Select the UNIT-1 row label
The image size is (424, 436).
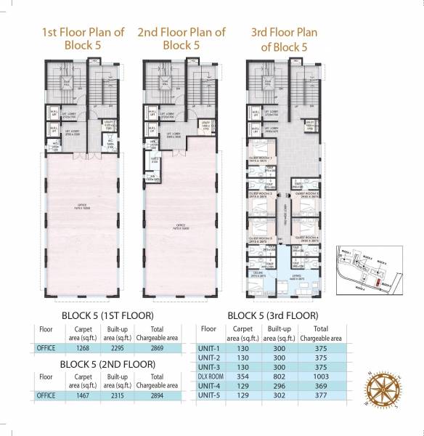click(208, 348)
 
